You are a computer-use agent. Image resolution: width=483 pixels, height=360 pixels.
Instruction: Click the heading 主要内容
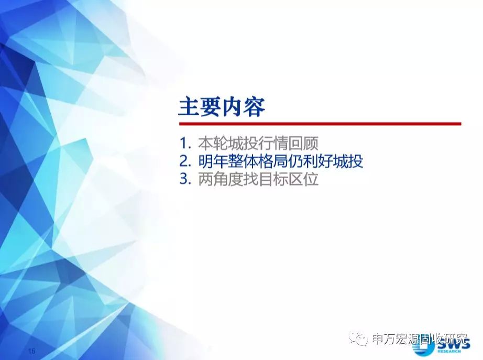tap(222, 107)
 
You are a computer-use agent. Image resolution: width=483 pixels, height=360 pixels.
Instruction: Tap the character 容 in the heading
tap(255, 107)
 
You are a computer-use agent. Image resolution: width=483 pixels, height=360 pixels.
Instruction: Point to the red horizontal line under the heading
tap(320, 124)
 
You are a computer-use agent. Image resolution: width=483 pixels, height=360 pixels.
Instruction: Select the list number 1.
tap(184, 144)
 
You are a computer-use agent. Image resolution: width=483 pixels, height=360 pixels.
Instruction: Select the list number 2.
tap(184, 161)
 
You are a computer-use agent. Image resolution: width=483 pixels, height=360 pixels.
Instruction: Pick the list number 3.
tap(184, 179)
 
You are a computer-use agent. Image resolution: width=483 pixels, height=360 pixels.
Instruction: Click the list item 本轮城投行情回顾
tap(258, 144)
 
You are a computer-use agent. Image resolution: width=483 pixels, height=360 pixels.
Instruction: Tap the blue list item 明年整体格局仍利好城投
tap(281, 161)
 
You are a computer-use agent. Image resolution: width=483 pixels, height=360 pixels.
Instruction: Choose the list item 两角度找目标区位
tap(258, 179)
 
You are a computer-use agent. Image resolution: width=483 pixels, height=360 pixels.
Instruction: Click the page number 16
tap(32, 351)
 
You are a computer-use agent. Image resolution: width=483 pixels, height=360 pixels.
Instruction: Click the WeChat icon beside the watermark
tap(358, 339)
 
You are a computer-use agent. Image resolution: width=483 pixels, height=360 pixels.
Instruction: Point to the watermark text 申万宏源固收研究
tap(420, 339)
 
